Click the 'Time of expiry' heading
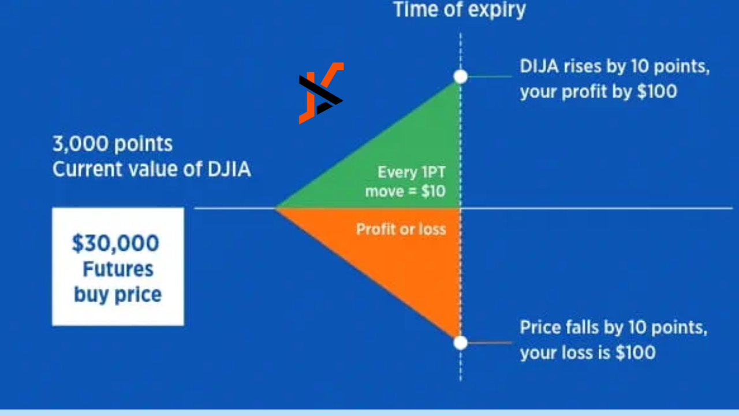tap(460, 10)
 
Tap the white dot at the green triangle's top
tap(461, 77)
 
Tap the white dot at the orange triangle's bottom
tap(461, 343)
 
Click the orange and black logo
tap(321, 93)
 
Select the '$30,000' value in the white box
tap(115, 243)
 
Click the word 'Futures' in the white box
tap(118, 269)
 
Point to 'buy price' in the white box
tap(118, 295)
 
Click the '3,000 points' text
tap(113, 144)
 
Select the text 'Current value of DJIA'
tap(152, 169)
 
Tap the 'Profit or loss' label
tap(401, 229)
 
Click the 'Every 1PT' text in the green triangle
tap(412, 172)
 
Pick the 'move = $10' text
tap(405, 191)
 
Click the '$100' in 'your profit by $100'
tap(657, 91)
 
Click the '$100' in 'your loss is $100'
tap(636, 352)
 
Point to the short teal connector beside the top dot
tap(490, 76)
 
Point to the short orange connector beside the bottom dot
tap(490, 343)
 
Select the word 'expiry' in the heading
tap(497, 10)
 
